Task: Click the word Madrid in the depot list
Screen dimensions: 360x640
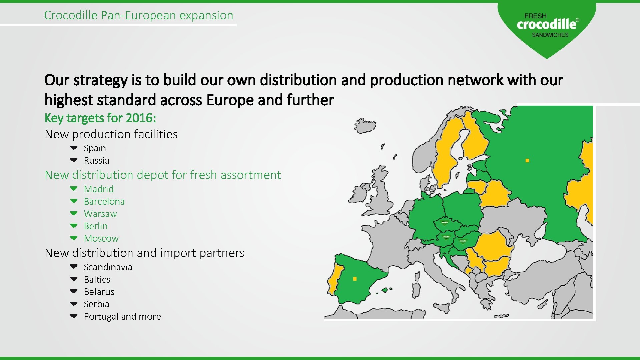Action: click(x=99, y=189)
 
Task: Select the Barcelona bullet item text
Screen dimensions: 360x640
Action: click(x=104, y=201)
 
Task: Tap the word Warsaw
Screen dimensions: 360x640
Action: click(x=100, y=214)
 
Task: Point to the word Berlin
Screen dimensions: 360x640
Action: click(x=96, y=226)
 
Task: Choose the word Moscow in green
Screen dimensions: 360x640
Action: click(x=101, y=238)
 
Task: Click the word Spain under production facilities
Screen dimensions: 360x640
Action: click(x=95, y=148)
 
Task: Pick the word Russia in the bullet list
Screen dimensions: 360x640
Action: click(x=96, y=160)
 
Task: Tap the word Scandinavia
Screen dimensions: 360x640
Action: click(x=108, y=267)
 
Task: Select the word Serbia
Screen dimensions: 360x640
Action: click(x=96, y=304)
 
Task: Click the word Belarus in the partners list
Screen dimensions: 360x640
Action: click(x=99, y=292)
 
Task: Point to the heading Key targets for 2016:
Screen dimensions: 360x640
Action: click(x=100, y=118)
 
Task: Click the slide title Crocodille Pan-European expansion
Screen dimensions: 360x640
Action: click(x=138, y=15)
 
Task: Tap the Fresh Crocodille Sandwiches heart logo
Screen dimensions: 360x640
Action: click(x=547, y=27)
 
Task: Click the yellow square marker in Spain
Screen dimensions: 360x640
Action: click(x=355, y=279)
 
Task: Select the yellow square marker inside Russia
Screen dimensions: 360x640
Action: click(x=527, y=161)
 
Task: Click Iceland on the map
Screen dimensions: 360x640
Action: click(x=365, y=126)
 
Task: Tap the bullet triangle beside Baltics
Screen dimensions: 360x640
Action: click(x=74, y=279)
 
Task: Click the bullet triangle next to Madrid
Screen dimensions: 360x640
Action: click(x=74, y=188)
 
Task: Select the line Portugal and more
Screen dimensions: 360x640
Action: click(x=122, y=316)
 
